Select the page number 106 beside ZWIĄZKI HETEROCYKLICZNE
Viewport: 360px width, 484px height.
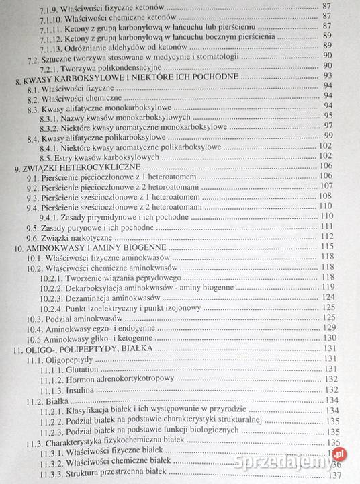pos(327,165)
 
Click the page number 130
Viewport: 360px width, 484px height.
pos(330,339)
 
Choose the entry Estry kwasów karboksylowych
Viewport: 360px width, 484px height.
pos(119,155)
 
